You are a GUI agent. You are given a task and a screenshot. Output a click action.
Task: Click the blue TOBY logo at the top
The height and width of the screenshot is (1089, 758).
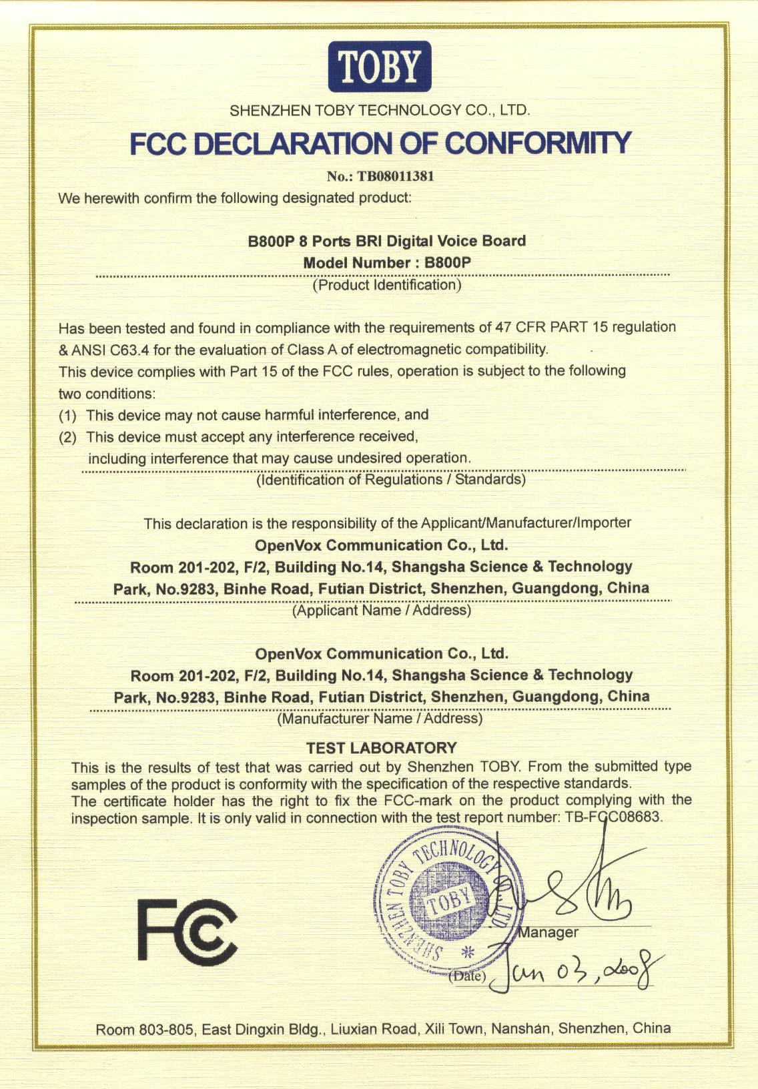379,67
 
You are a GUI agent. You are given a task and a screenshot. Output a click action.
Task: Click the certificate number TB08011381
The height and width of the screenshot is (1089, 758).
396,176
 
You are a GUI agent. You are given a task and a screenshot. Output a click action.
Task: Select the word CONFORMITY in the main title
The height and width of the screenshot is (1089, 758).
537,142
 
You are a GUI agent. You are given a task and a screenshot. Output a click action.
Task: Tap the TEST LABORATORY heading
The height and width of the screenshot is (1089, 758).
381,747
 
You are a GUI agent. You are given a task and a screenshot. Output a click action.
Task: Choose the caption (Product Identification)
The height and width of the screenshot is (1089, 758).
387,285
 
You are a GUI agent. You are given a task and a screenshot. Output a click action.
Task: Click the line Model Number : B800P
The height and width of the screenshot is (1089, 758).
387,263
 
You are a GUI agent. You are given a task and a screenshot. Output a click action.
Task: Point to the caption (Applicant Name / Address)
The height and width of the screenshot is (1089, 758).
382,610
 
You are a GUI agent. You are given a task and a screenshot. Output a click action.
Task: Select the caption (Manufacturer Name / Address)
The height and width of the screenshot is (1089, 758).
380,719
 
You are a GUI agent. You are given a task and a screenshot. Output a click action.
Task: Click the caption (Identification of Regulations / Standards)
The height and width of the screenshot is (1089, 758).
391,479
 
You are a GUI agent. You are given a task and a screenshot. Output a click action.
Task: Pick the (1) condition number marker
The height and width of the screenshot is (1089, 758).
68,415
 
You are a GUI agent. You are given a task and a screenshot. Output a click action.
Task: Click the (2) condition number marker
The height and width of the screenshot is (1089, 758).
68,437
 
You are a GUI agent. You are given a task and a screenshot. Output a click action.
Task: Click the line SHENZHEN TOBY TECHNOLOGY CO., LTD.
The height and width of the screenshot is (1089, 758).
380,110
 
